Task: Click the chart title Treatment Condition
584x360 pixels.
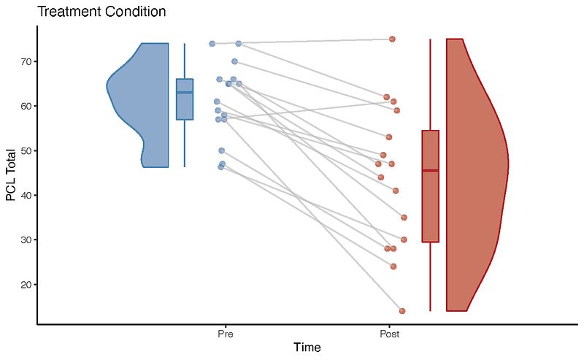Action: (101, 12)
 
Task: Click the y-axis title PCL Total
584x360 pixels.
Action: (11, 175)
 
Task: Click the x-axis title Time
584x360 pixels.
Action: (307, 348)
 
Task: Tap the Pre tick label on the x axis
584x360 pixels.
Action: (225, 333)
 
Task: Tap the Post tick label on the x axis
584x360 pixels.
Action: (389, 333)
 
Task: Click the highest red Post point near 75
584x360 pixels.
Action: (392, 39)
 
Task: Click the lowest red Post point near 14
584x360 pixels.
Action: (401, 311)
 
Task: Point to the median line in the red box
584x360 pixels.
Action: (430, 170)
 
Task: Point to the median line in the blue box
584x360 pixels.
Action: (185, 92)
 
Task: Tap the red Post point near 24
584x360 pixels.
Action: (393, 267)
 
